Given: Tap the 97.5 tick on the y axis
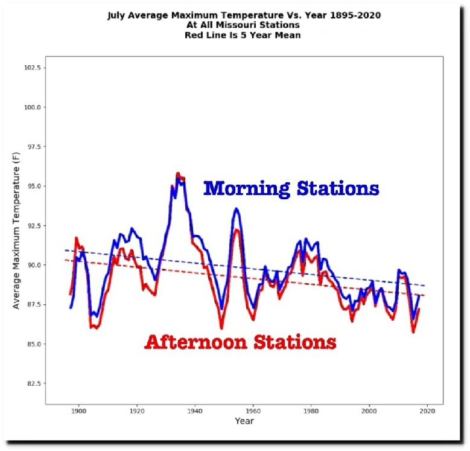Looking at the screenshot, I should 33,147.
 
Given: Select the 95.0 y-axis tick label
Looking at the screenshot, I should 33,186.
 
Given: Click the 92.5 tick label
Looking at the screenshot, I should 33,225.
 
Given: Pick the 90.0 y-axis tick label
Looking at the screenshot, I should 33,265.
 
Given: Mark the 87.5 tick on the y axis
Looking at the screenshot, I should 33,304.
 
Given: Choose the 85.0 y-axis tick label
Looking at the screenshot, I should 33,344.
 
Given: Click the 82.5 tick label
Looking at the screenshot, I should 33,383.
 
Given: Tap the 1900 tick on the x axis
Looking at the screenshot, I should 78,411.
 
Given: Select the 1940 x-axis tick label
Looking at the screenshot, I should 195,411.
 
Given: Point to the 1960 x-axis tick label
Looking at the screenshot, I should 253,411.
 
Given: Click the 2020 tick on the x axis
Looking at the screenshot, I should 427,411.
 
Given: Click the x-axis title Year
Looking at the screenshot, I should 244,421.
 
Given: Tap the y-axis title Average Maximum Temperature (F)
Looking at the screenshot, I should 16,229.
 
